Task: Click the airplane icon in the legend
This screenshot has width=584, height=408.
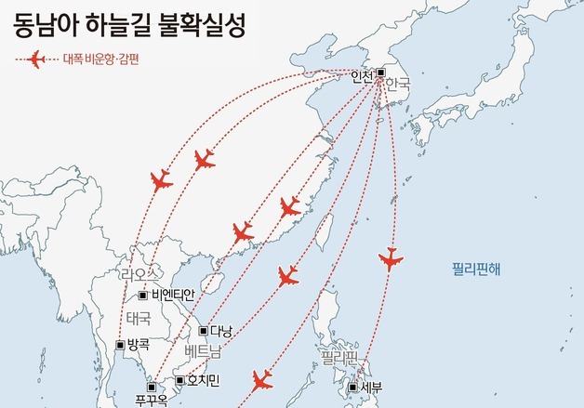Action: (x=36, y=60)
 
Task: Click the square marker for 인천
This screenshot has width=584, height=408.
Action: (x=379, y=72)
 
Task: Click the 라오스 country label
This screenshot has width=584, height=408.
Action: (x=140, y=275)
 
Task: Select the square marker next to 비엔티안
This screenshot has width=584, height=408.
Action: (x=142, y=296)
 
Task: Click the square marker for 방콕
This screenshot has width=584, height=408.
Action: (x=120, y=345)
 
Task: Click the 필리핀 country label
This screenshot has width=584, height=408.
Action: (x=339, y=356)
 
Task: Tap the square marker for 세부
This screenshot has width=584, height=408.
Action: (x=353, y=388)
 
